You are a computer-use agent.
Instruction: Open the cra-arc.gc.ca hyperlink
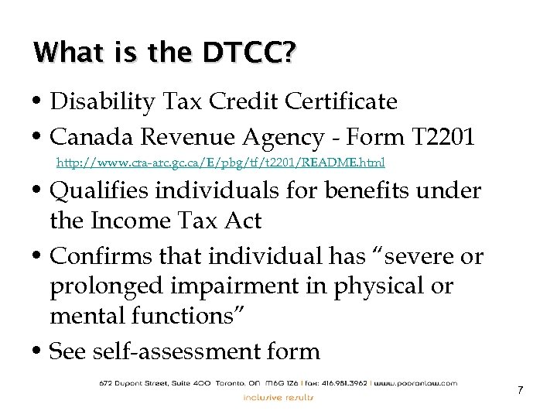pos(221,163)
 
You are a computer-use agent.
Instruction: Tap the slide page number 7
pos(521,389)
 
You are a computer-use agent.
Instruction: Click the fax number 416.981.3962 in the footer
pos(343,382)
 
